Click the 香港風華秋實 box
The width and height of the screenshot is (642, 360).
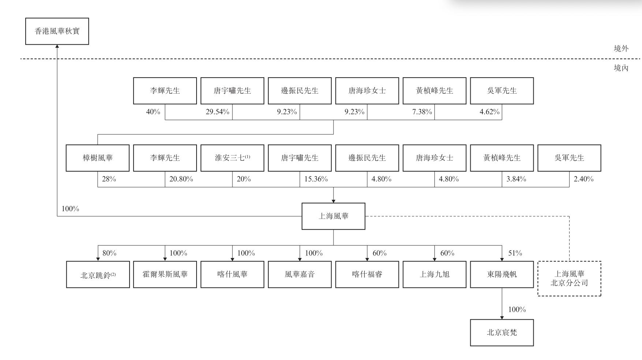coord(57,31)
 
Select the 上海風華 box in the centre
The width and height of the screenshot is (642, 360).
coord(333,216)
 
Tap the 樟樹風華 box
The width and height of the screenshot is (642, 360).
coord(98,158)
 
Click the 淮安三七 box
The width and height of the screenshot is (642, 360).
coord(232,158)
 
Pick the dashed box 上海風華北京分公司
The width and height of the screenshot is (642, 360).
coord(569,278)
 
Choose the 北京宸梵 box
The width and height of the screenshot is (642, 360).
coord(502,333)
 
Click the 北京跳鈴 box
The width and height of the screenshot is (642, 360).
coord(98,275)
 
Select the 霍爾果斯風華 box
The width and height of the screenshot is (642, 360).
coord(165,274)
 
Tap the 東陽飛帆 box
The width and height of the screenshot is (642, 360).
coord(502,274)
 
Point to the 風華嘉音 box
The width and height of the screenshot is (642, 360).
coord(300,274)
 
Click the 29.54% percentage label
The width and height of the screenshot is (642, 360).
coord(217,112)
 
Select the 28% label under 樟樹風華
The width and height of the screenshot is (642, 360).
coord(109,179)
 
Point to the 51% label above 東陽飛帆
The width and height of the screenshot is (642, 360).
coord(515,253)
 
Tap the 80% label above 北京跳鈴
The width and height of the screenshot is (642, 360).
coord(109,253)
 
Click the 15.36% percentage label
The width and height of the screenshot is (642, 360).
coord(316,179)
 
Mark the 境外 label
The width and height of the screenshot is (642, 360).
coord(621,49)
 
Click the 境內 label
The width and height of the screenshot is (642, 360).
coord(621,68)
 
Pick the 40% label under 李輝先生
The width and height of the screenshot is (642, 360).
coord(153,112)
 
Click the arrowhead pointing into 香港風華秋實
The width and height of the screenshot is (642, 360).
coord(57,47)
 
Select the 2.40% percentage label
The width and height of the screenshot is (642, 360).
coord(583,179)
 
